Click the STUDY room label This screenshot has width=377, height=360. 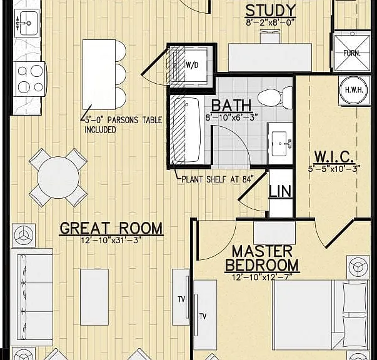[x=271, y=11]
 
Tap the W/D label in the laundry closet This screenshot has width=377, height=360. [x=192, y=64]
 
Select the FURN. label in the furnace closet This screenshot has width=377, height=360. [x=352, y=53]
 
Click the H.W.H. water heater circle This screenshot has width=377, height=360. [x=353, y=90]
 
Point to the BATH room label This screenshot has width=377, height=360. [x=231, y=105]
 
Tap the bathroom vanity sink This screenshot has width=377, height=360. [x=280, y=144]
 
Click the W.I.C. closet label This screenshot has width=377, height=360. [x=334, y=157]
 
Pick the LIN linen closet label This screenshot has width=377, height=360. [x=280, y=191]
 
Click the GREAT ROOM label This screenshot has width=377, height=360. [x=111, y=228]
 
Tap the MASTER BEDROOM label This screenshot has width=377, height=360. [x=262, y=258]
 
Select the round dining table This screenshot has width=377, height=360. [x=58, y=177]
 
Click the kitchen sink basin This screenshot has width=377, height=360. [x=28, y=23]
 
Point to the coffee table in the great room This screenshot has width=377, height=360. [x=94, y=297]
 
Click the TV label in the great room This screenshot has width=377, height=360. [x=181, y=299]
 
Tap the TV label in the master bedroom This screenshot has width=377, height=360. [x=203, y=316]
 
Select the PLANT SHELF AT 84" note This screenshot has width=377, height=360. [x=218, y=179]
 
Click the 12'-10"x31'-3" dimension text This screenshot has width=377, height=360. [x=111, y=240]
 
